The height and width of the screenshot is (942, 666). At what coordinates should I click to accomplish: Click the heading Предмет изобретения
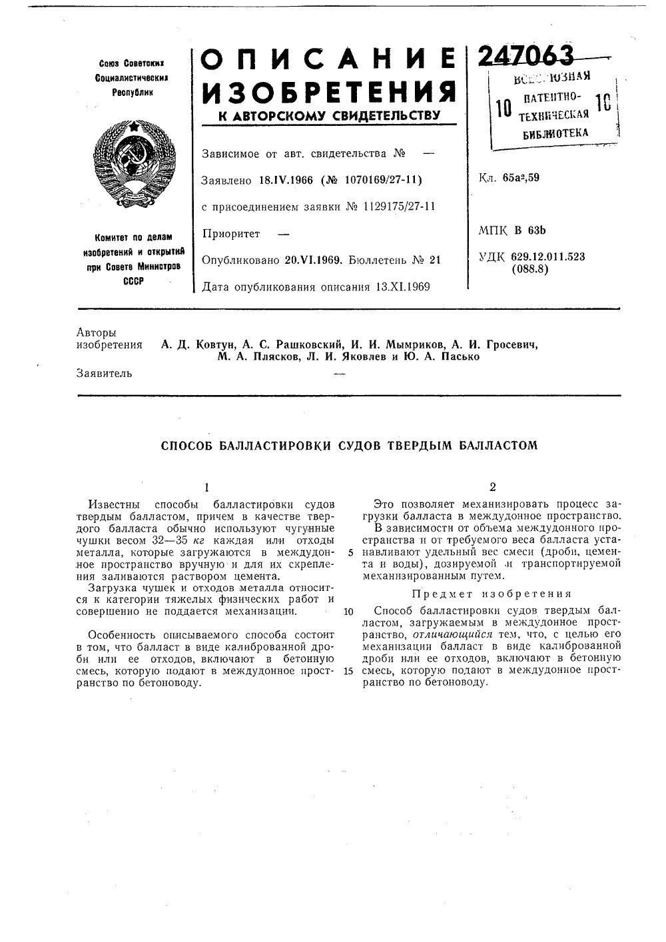tap(492, 594)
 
